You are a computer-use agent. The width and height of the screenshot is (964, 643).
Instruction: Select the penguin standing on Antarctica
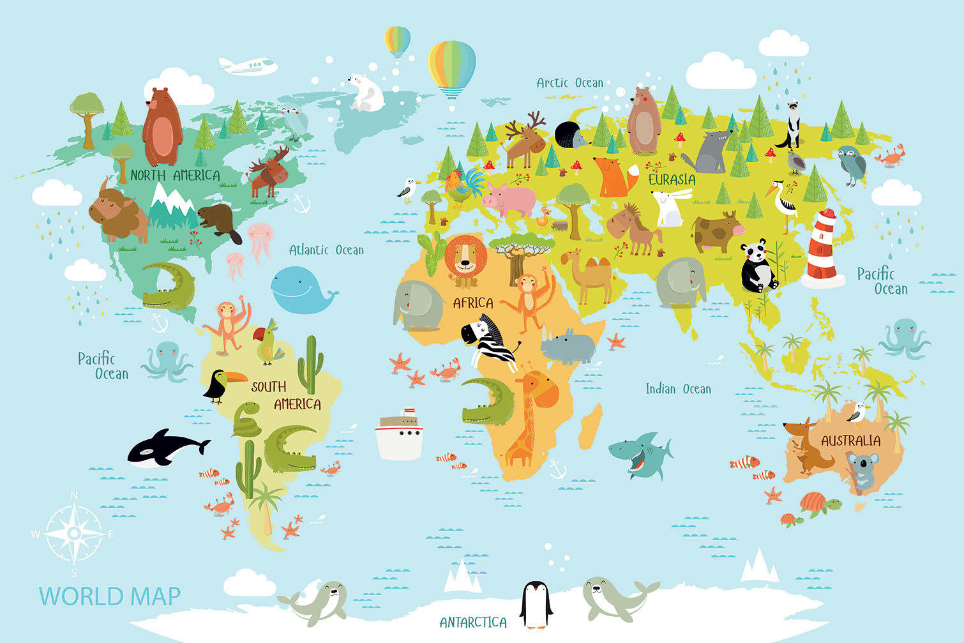point(535,604)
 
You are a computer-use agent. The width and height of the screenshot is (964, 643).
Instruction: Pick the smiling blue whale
point(299,291)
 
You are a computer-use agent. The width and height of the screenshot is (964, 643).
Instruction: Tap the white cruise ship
point(400,434)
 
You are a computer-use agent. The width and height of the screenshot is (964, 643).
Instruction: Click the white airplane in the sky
point(248,66)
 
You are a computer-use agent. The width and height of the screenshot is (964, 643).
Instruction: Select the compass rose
point(74,533)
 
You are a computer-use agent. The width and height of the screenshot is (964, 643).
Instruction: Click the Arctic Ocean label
point(569,83)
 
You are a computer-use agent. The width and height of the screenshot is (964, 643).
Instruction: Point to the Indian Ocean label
point(677,389)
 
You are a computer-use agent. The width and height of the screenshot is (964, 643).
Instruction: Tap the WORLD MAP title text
point(110,596)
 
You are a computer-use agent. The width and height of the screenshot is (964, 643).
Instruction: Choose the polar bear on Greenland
point(366,93)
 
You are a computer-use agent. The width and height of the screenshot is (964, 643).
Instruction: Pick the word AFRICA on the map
point(473,303)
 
